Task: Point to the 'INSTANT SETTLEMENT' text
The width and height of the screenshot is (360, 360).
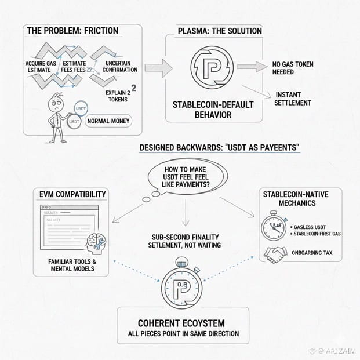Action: pyautogui.click(x=293, y=99)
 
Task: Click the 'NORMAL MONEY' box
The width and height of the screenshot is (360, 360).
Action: pyautogui.click(x=108, y=122)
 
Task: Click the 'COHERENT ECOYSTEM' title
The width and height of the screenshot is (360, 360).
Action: pyautogui.click(x=183, y=322)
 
